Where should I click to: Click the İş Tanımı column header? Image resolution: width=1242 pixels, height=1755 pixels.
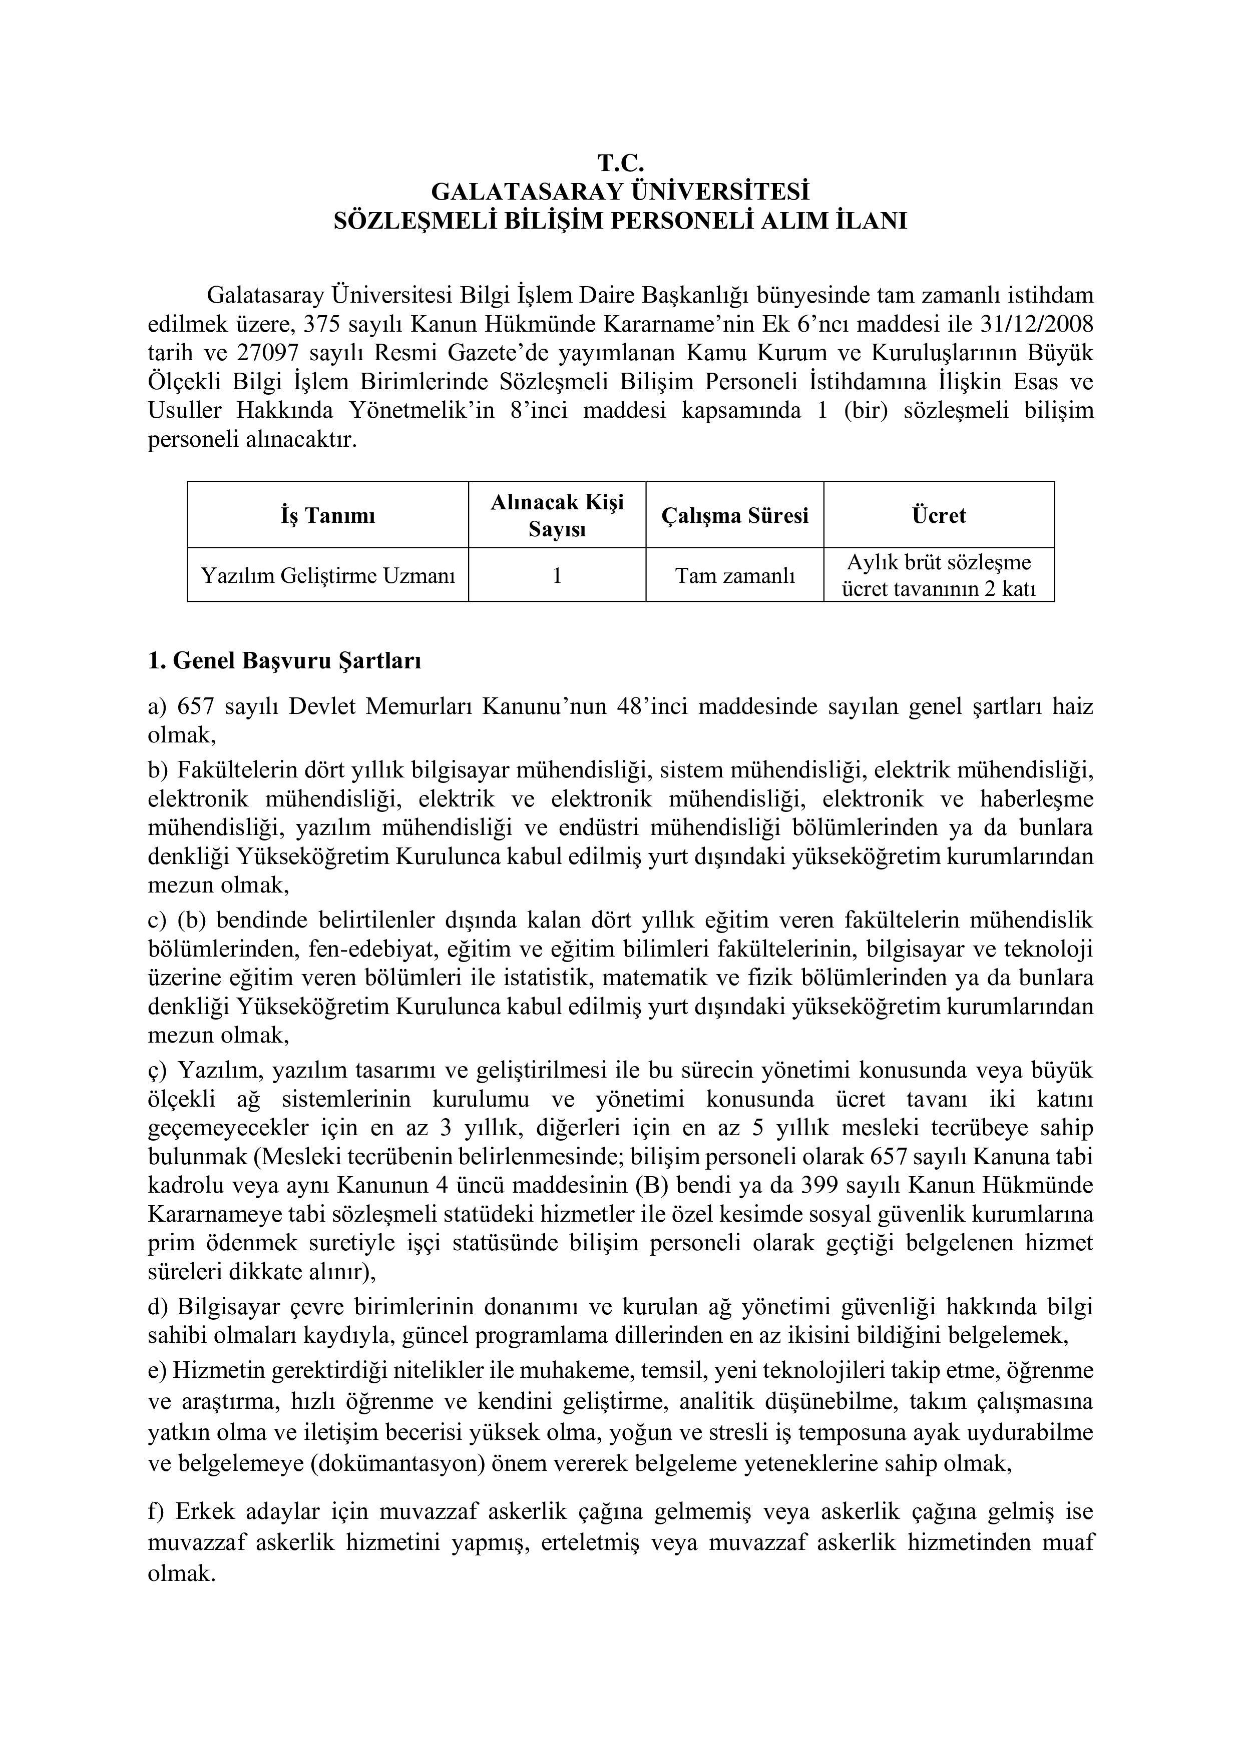click(327, 516)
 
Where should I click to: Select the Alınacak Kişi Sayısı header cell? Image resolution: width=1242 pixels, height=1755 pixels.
click(557, 515)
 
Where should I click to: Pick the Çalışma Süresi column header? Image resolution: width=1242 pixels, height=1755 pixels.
click(734, 516)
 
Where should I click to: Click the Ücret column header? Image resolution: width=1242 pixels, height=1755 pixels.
click(938, 516)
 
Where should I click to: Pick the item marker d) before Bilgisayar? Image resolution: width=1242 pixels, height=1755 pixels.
click(158, 1306)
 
